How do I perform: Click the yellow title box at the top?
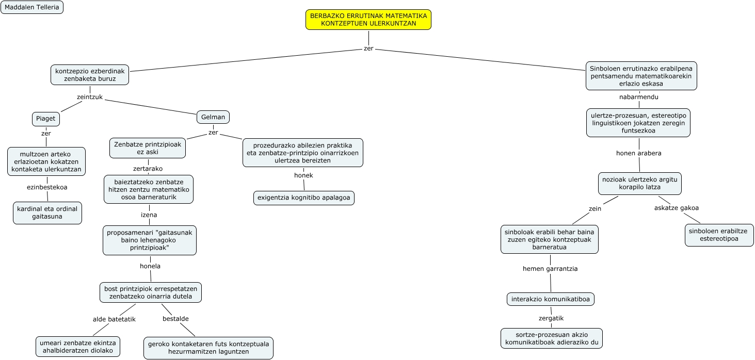coord(368,20)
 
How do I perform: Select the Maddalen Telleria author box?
coord(32,7)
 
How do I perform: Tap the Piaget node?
coord(46,119)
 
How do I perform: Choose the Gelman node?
coord(213,117)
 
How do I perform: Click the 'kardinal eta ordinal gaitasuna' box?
coord(47,213)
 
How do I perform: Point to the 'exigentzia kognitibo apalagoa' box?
coord(303,198)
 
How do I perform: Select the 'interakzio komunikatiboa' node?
coord(551,299)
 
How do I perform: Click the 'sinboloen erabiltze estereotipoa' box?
coord(719,235)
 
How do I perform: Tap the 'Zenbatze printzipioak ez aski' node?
coord(148,148)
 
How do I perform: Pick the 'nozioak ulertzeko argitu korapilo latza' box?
coord(640,184)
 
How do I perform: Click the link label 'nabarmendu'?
coord(639,97)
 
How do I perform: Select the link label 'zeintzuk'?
coord(90,97)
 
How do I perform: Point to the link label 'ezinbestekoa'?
coord(47,187)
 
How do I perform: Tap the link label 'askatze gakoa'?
coord(677,208)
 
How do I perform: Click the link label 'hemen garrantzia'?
coord(550,269)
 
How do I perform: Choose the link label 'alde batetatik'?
coord(114,319)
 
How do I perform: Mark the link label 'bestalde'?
coord(175,319)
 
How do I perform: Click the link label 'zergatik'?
coord(551,318)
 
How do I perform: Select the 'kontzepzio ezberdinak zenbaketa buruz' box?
coord(90,75)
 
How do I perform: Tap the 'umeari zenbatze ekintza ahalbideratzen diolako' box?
coord(78,347)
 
